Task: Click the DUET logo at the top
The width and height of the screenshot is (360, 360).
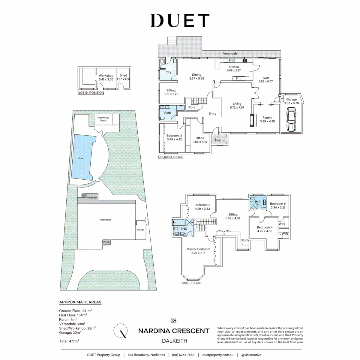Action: (180, 21)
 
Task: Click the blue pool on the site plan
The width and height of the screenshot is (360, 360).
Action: (82, 158)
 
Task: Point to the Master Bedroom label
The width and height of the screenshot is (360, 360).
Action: (198, 249)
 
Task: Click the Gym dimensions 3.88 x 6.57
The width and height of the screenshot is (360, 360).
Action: (266, 81)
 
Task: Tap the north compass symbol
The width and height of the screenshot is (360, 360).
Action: (120, 331)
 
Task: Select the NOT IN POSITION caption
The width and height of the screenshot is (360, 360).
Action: (91, 93)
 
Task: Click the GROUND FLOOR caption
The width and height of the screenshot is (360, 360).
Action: (171, 157)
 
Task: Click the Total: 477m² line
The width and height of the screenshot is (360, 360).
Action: (69, 341)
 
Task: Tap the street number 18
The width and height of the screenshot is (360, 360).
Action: (173, 321)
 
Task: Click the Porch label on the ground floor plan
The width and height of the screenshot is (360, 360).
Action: (219, 140)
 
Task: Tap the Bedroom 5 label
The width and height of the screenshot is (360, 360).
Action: (278, 204)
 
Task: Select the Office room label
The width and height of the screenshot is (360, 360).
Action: (200, 138)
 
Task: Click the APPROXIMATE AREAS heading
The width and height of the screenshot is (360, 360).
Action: (80, 302)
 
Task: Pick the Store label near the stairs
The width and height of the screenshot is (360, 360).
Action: (191, 107)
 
